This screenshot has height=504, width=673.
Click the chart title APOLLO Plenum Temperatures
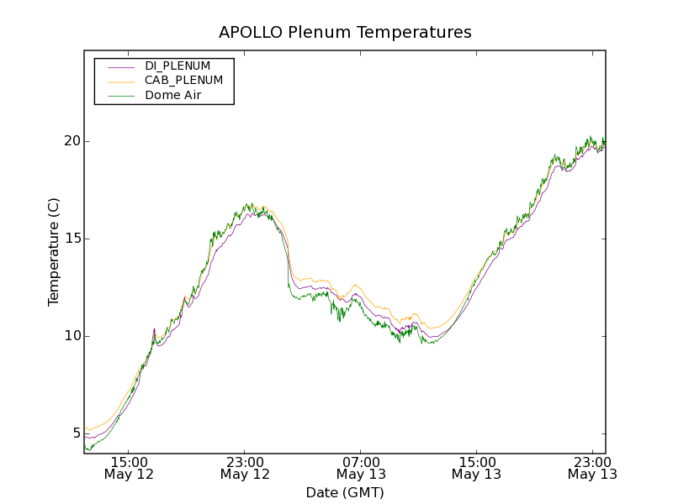coord(345,33)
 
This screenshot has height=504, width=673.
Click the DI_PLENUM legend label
coord(178,66)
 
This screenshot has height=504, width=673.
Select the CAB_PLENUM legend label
coord(183,81)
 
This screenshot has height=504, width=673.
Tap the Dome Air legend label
coord(172,96)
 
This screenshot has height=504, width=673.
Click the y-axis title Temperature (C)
coord(54,252)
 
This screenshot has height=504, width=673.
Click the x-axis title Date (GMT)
coord(345,492)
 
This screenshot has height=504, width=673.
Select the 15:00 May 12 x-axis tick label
coord(130,468)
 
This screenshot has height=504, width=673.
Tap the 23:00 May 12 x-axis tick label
coord(245,468)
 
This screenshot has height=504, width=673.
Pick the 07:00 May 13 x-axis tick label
coord(361,468)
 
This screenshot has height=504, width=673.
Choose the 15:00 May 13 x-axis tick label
coord(476,468)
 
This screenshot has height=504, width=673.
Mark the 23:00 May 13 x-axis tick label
coord(591,468)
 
